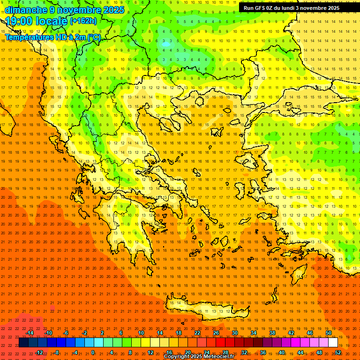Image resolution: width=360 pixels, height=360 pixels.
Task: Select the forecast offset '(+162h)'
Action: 83,21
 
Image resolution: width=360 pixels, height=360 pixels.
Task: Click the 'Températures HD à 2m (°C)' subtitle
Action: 53,37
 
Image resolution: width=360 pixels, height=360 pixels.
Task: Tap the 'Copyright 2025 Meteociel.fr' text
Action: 199,357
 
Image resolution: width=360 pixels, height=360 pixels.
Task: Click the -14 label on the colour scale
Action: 29,333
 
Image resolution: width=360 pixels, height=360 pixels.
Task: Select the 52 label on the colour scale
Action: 338,352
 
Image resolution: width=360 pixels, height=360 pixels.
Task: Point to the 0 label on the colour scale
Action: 93,352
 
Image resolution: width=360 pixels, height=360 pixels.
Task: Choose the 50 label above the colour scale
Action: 329,333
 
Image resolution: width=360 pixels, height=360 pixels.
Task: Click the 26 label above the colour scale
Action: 216,333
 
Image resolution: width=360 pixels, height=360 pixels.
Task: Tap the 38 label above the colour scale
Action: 272,333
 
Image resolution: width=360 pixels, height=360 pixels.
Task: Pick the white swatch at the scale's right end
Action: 333,343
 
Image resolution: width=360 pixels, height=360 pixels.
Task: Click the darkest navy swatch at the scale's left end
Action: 23,343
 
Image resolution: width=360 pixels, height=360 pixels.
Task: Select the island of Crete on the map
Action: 206,310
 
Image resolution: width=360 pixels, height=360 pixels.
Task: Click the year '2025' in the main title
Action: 113,9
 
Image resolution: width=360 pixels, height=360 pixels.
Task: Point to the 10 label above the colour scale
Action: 141,333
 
